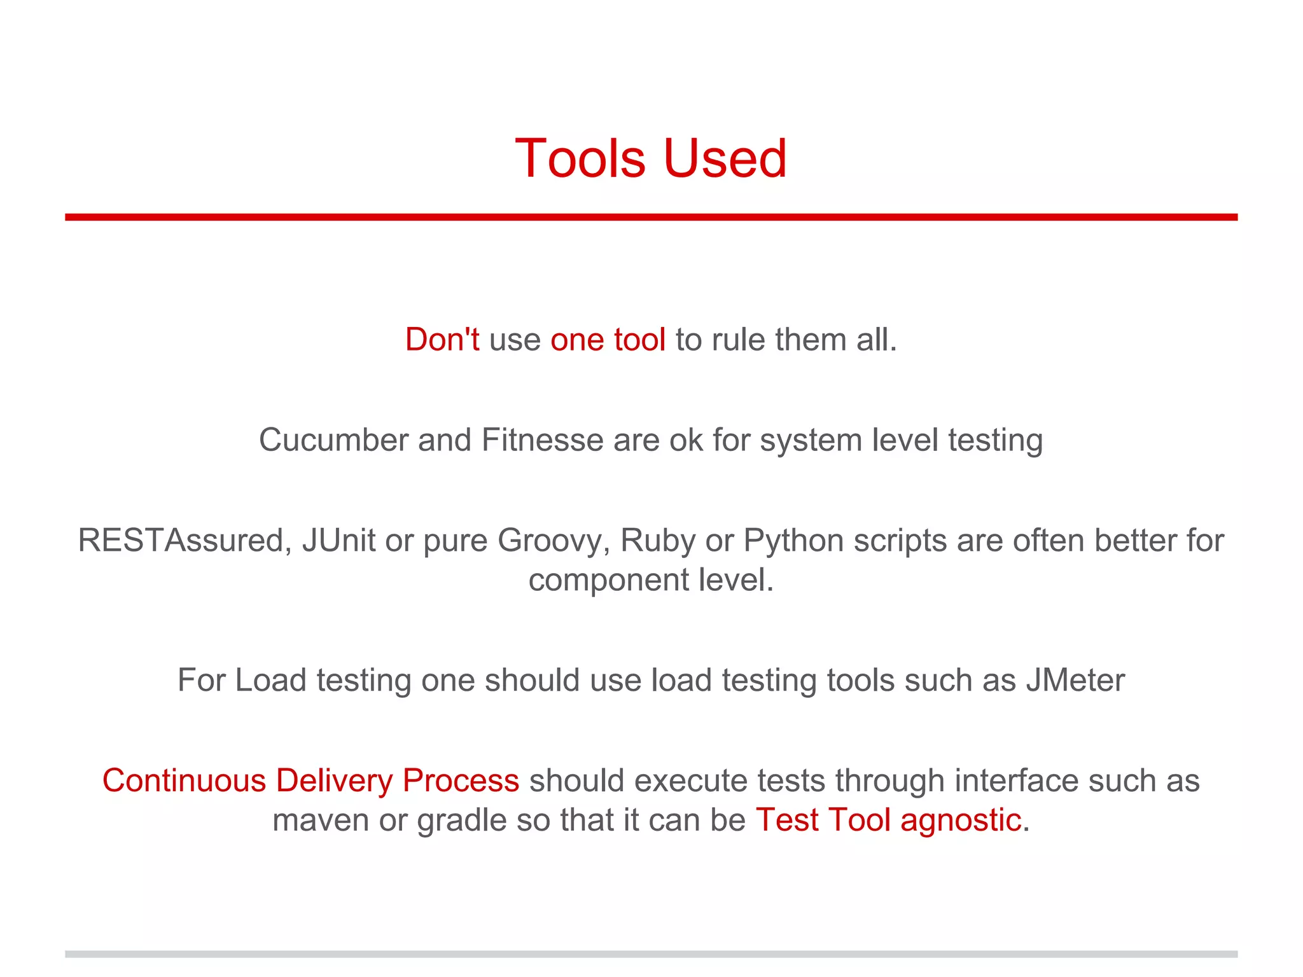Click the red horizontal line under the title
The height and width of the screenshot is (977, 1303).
point(651,217)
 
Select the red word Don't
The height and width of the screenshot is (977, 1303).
point(442,339)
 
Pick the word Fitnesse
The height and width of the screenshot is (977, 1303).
point(542,440)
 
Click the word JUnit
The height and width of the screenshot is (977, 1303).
point(338,541)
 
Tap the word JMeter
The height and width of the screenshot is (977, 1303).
point(1075,680)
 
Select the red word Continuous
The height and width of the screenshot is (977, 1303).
point(183,780)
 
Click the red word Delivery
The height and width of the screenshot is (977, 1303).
point(334,782)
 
